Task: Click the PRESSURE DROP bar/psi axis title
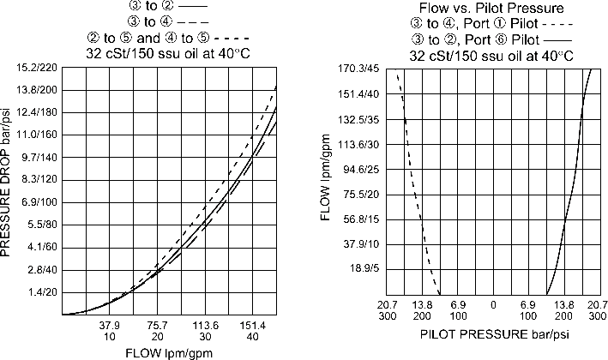coord(9,189)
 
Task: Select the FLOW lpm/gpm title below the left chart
coord(169,351)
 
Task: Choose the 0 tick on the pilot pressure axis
coord(492,304)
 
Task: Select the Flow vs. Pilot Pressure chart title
coord(491,9)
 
